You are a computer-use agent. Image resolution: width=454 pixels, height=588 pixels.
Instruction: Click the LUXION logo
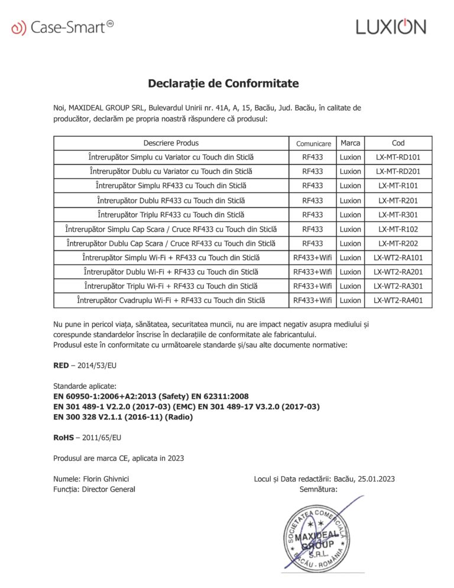(390, 27)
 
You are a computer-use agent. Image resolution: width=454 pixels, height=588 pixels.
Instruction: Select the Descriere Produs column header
(171, 143)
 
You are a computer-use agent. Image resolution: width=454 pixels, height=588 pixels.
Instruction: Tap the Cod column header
(398, 143)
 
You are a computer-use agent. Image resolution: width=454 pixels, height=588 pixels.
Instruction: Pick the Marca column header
(350, 143)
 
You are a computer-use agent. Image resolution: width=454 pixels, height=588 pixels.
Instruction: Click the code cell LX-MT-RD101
(398, 157)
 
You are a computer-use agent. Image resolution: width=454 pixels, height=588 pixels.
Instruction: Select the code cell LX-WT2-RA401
(398, 301)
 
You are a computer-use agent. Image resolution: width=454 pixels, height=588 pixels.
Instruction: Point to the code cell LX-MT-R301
(398, 215)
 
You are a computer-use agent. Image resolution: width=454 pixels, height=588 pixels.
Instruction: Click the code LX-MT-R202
(398, 243)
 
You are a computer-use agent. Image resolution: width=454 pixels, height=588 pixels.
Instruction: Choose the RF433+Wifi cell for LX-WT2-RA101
(313, 257)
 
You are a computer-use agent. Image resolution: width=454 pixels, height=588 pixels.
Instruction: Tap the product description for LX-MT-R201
(171, 201)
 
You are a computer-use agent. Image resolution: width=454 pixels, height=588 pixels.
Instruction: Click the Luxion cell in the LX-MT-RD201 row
(350, 172)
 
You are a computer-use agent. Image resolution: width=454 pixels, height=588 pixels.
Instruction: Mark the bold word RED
(61, 366)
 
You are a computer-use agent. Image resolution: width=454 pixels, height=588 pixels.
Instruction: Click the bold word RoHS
(63, 438)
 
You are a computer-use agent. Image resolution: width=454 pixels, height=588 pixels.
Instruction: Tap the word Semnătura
(318, 489)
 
